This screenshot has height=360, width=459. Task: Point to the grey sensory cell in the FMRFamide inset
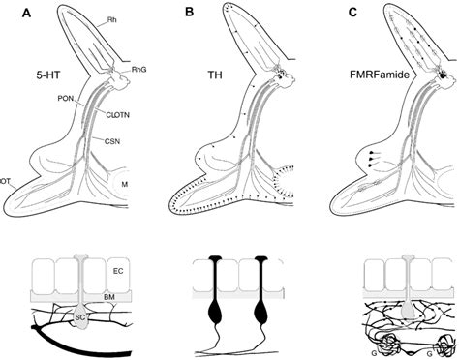(405, 308)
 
